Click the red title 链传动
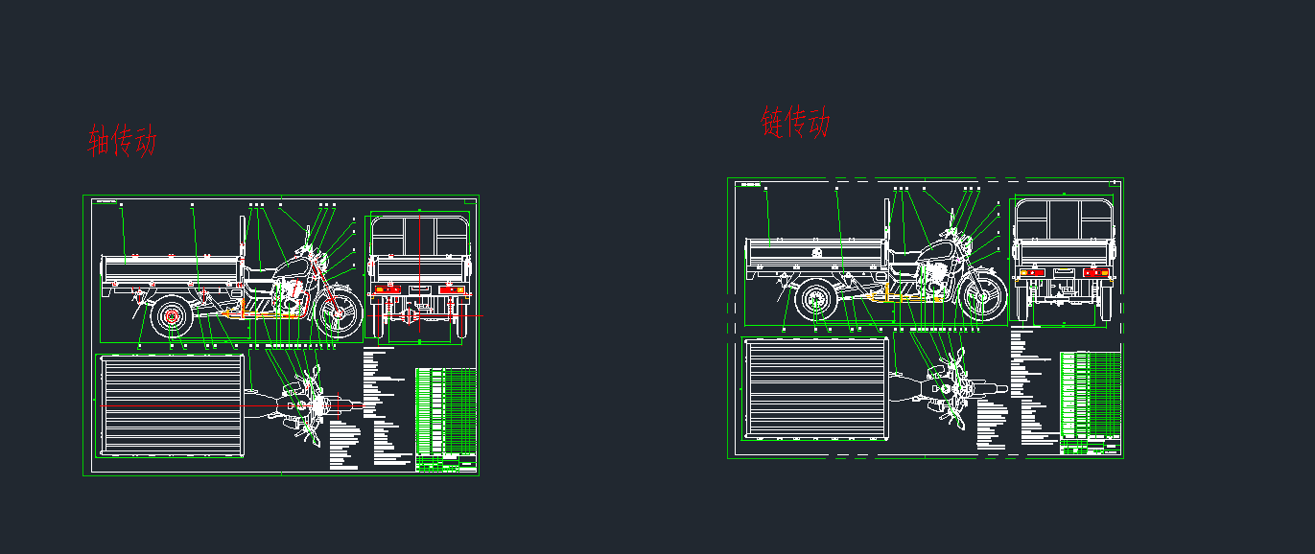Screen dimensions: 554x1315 pos(795,123)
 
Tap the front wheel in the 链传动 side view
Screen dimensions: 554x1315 pos(981,296)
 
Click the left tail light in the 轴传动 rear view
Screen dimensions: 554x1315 pos(389,289)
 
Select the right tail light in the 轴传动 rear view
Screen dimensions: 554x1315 pos(451,289)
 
